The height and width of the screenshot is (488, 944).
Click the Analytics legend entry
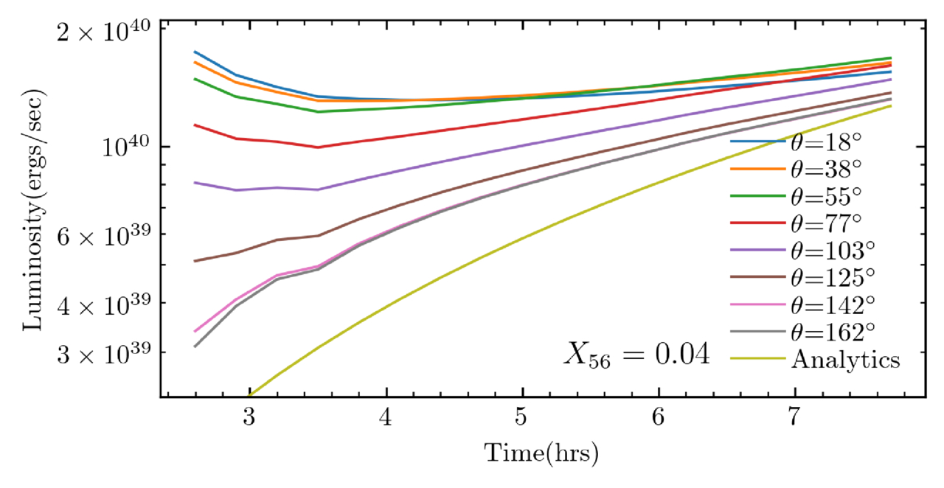pos(844,360)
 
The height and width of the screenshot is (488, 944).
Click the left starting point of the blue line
pos(195,52)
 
